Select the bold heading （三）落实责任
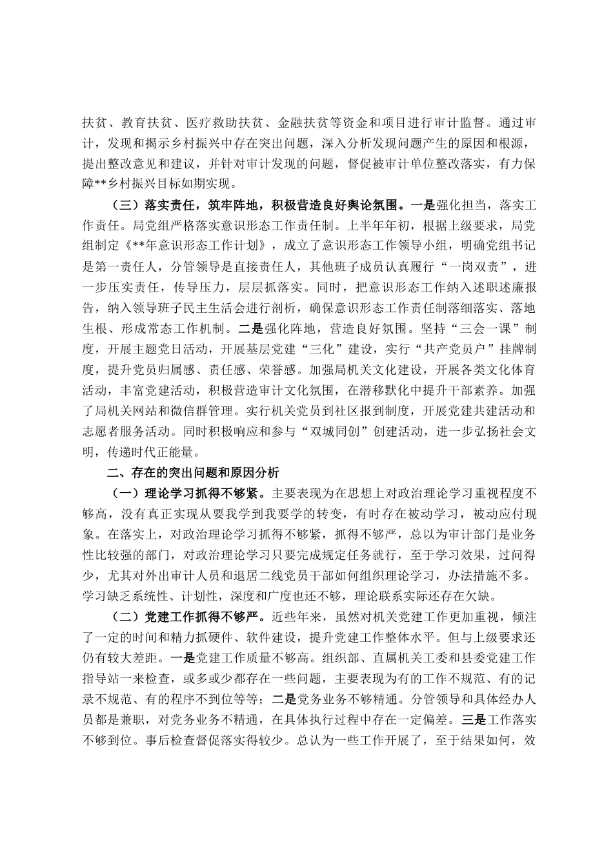tap(152, 189)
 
